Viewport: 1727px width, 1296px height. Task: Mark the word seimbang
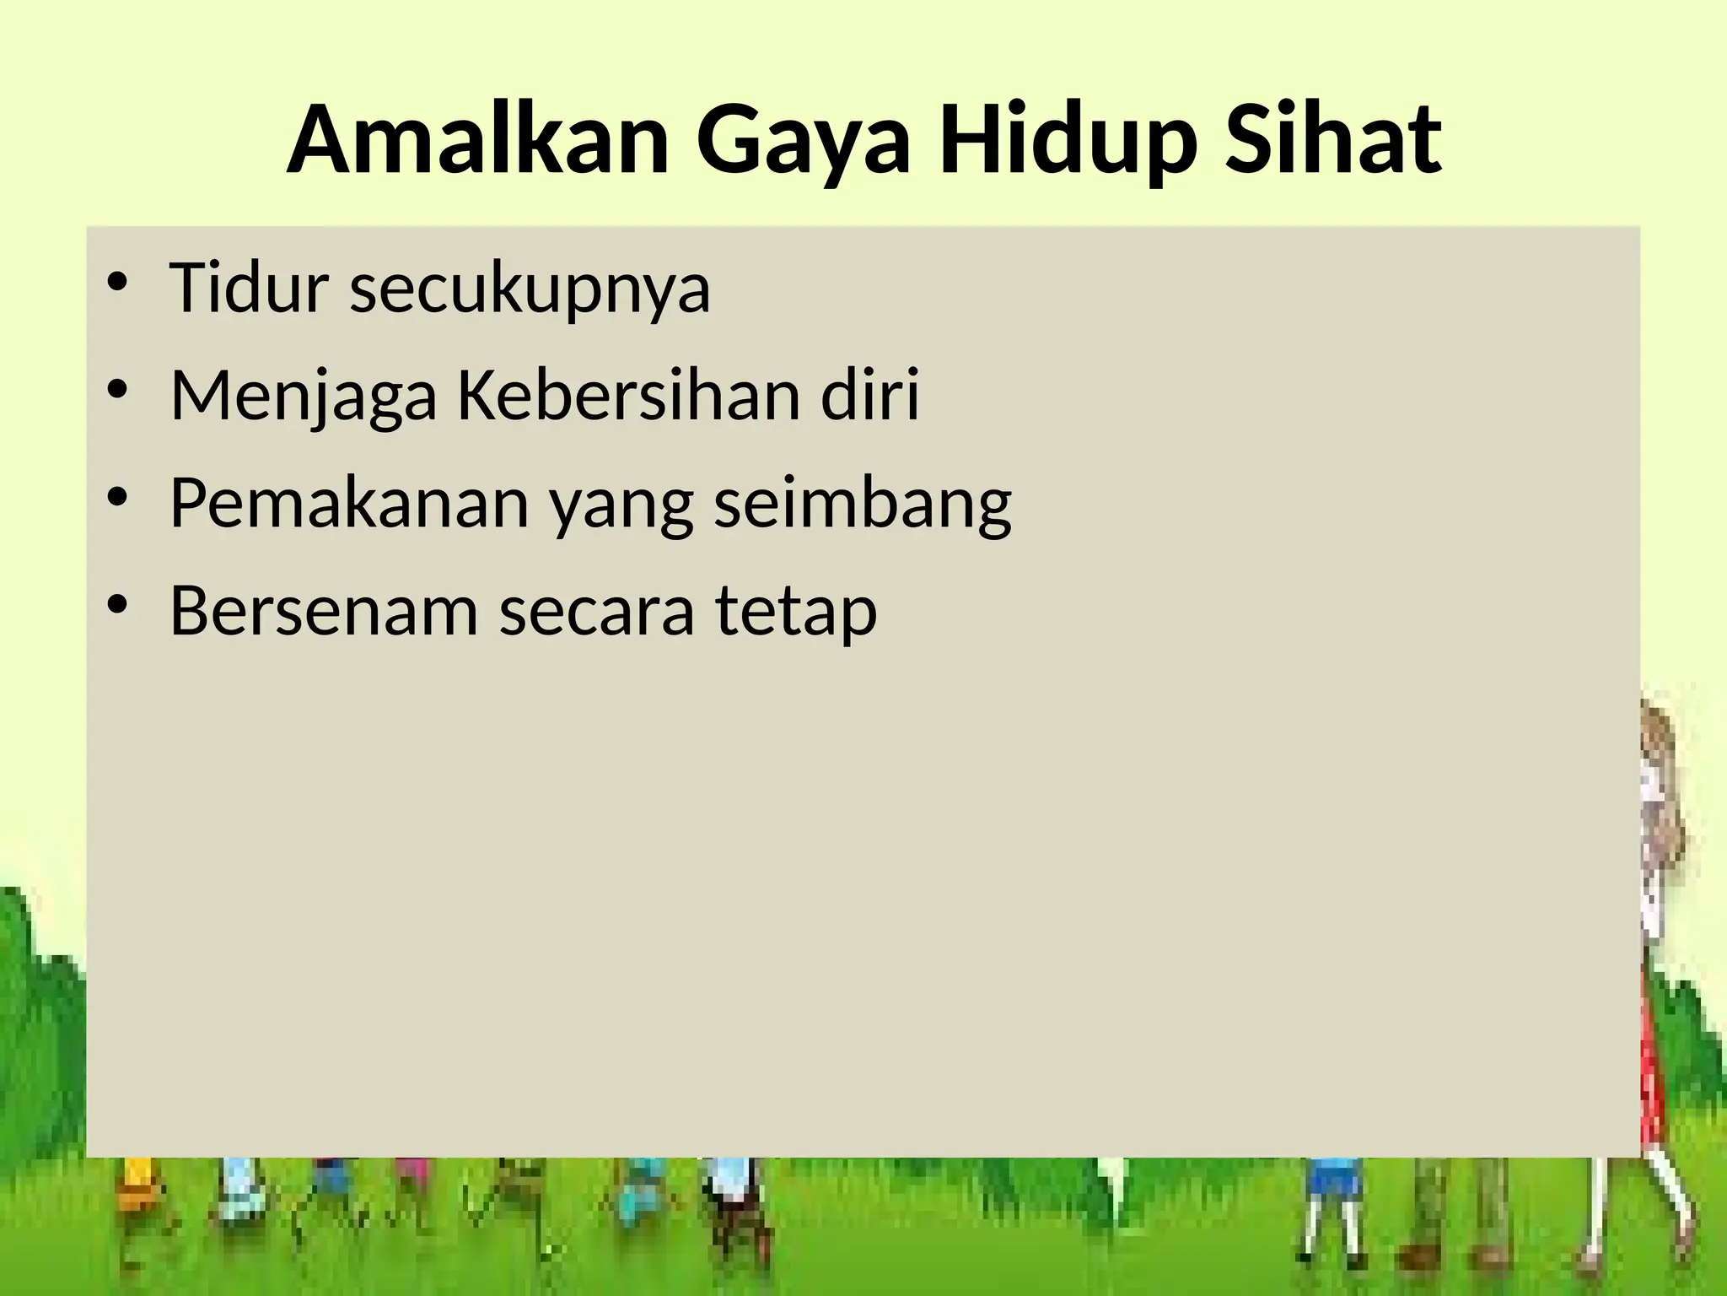click(863, 505)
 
